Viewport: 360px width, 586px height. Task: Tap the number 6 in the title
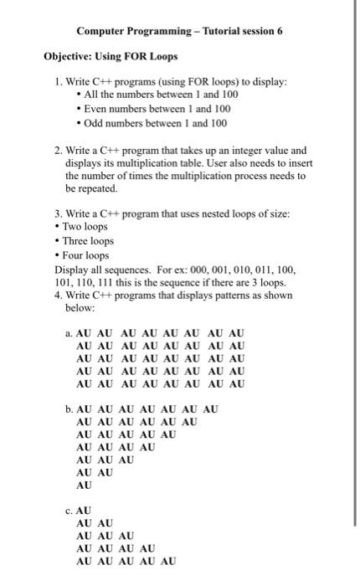[x=280, y=30]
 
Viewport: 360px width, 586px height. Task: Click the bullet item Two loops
[x=84, y=228]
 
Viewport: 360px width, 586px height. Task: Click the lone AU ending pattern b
[x=84, y=485]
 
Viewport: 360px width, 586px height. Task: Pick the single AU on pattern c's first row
[x=84, y=510]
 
